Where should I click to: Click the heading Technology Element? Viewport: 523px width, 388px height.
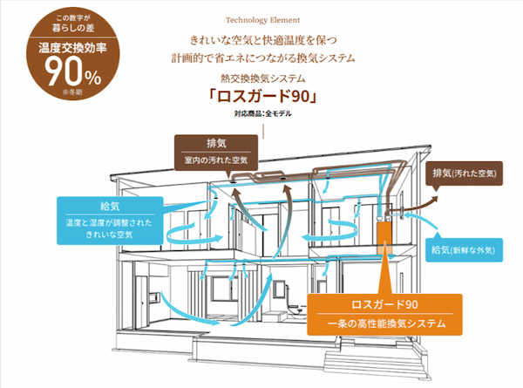pyautogui.click(x=261, y=18)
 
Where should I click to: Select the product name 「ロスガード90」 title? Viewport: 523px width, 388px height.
pyautogui.click(x=261, y=97)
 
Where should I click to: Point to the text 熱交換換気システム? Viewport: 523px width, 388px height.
pyautogui.click(x=261, y=78)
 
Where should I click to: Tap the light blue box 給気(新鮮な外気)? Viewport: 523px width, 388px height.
pyautogui.click(x=464, y=250)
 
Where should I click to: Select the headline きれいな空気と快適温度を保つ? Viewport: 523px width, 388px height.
pyautogui.click(x=261, y=41)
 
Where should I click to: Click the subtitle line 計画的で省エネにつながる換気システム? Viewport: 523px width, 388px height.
pyautogui.click(x=261, y=58)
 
